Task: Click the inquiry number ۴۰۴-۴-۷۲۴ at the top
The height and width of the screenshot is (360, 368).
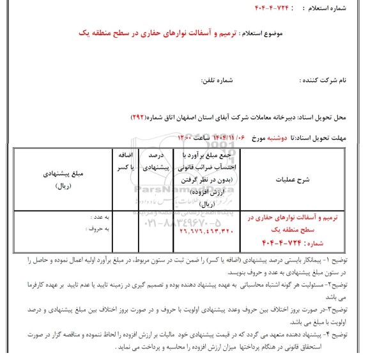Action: [x=277, y=9]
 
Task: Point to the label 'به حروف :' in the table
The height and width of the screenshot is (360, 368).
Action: [x=96, y=228]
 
